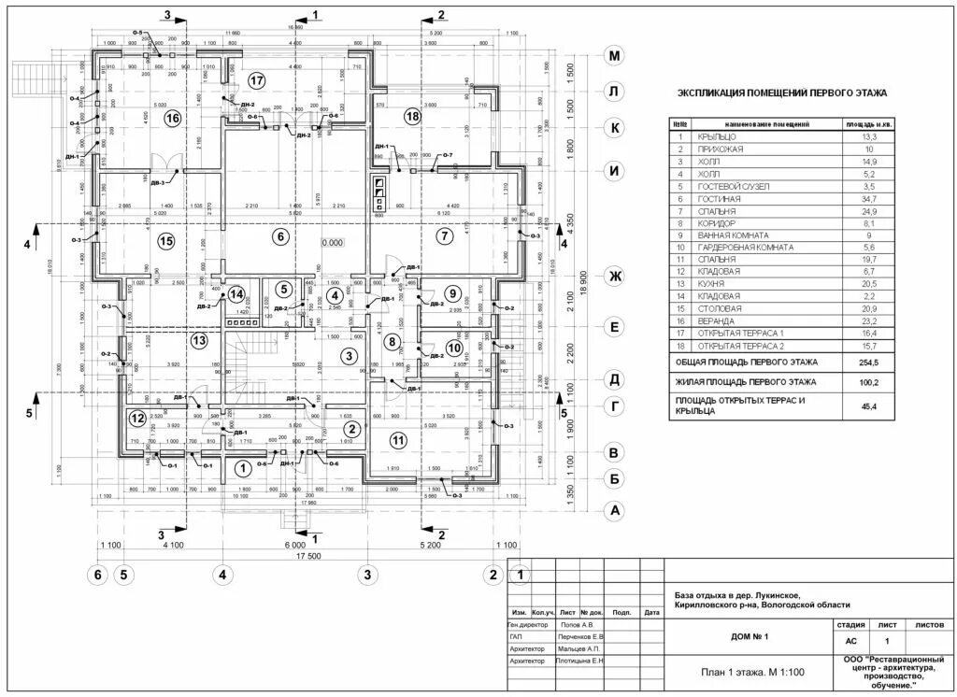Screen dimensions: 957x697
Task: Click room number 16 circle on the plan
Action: [171, 119]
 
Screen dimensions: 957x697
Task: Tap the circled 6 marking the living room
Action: [279, 236]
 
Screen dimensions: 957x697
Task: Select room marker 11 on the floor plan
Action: [399, 439]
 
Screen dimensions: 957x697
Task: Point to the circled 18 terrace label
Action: [413, 116]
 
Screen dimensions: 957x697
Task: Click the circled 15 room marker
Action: [166, 242]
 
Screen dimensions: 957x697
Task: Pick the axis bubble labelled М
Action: [614, 56]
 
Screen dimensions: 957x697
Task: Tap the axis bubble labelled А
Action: [614, 510]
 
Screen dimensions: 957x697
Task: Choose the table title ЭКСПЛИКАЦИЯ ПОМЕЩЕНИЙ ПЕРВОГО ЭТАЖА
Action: [781, 93]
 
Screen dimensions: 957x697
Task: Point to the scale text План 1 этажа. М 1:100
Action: [751, 672]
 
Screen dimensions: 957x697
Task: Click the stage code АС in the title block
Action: [850, 642]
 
